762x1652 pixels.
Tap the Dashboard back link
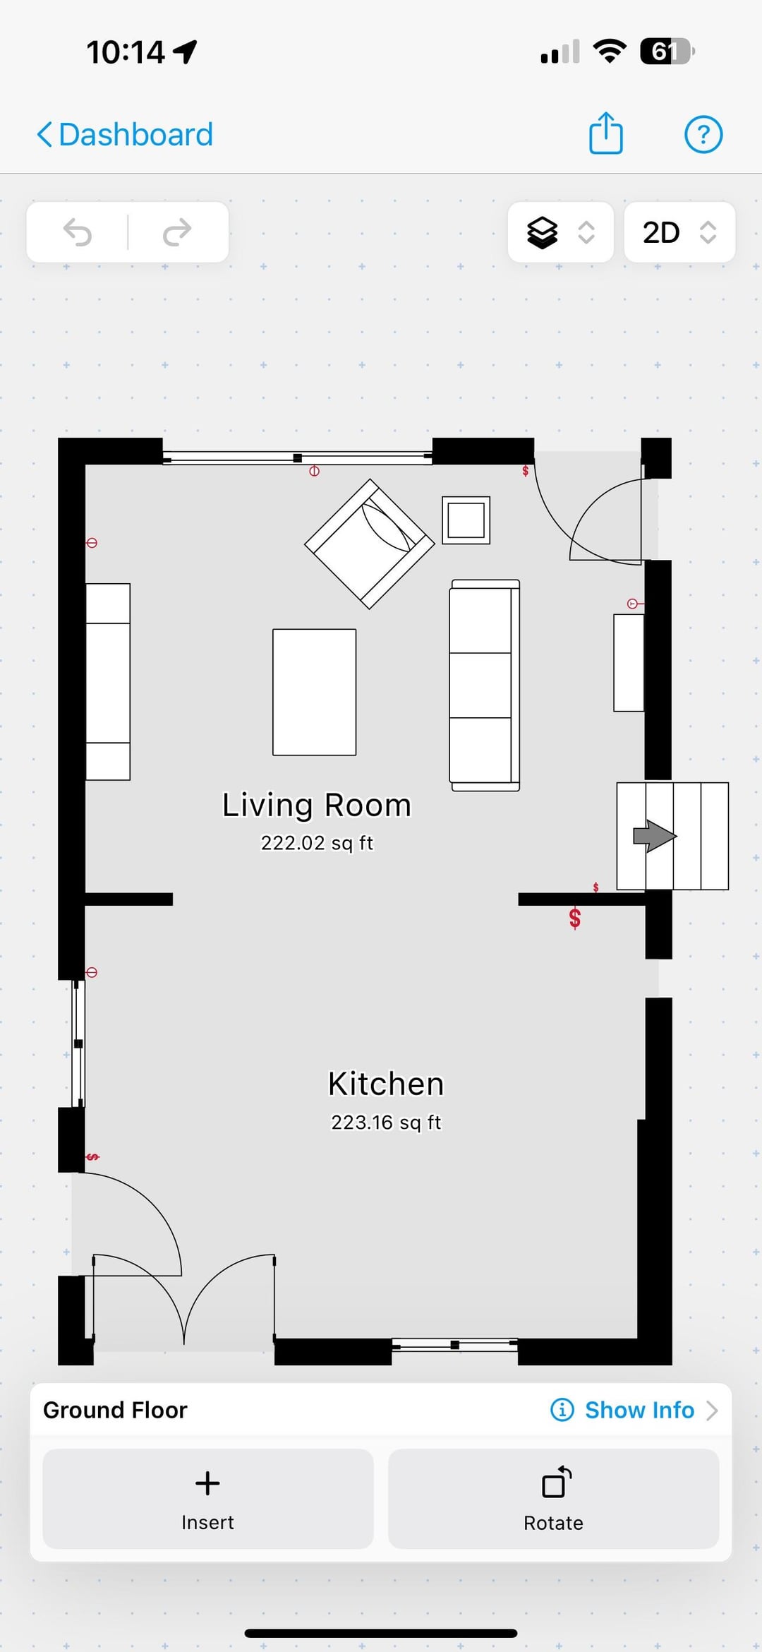125,134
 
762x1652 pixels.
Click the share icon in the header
606,133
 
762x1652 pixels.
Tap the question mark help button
703,134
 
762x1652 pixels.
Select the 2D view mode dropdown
679,232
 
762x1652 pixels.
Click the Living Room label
317,805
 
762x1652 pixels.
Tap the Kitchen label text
386,1084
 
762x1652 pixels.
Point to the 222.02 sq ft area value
317,843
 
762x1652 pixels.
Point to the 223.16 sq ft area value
386,1122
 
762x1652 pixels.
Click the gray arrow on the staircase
655,836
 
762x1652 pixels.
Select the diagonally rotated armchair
369,544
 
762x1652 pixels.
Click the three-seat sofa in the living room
485,685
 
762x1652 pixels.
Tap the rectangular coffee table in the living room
315,692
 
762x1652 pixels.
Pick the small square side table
466,520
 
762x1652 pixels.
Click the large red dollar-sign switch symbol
575,918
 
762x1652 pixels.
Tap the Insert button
207,1498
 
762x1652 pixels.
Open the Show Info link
634,1410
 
